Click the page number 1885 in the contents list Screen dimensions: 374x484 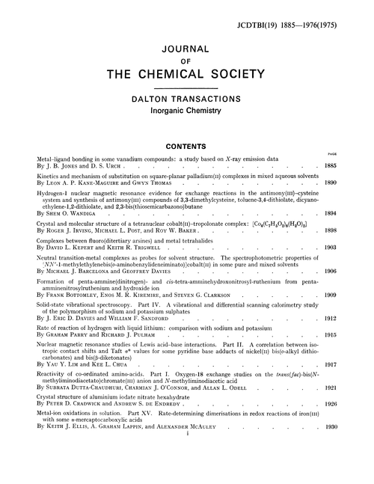[x=353, y=166]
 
